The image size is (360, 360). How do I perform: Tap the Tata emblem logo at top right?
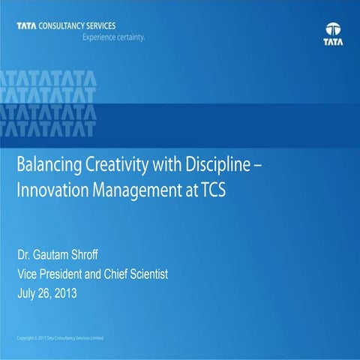tap(334, 33)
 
